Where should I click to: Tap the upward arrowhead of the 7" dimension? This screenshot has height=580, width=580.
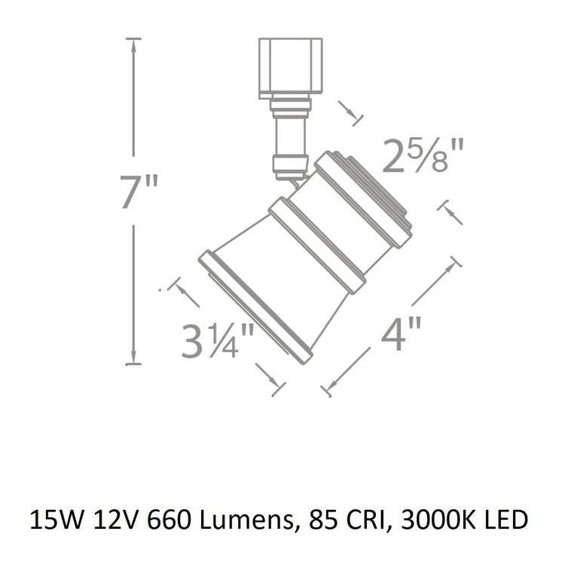134,45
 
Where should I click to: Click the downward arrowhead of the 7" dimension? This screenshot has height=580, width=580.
134,358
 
